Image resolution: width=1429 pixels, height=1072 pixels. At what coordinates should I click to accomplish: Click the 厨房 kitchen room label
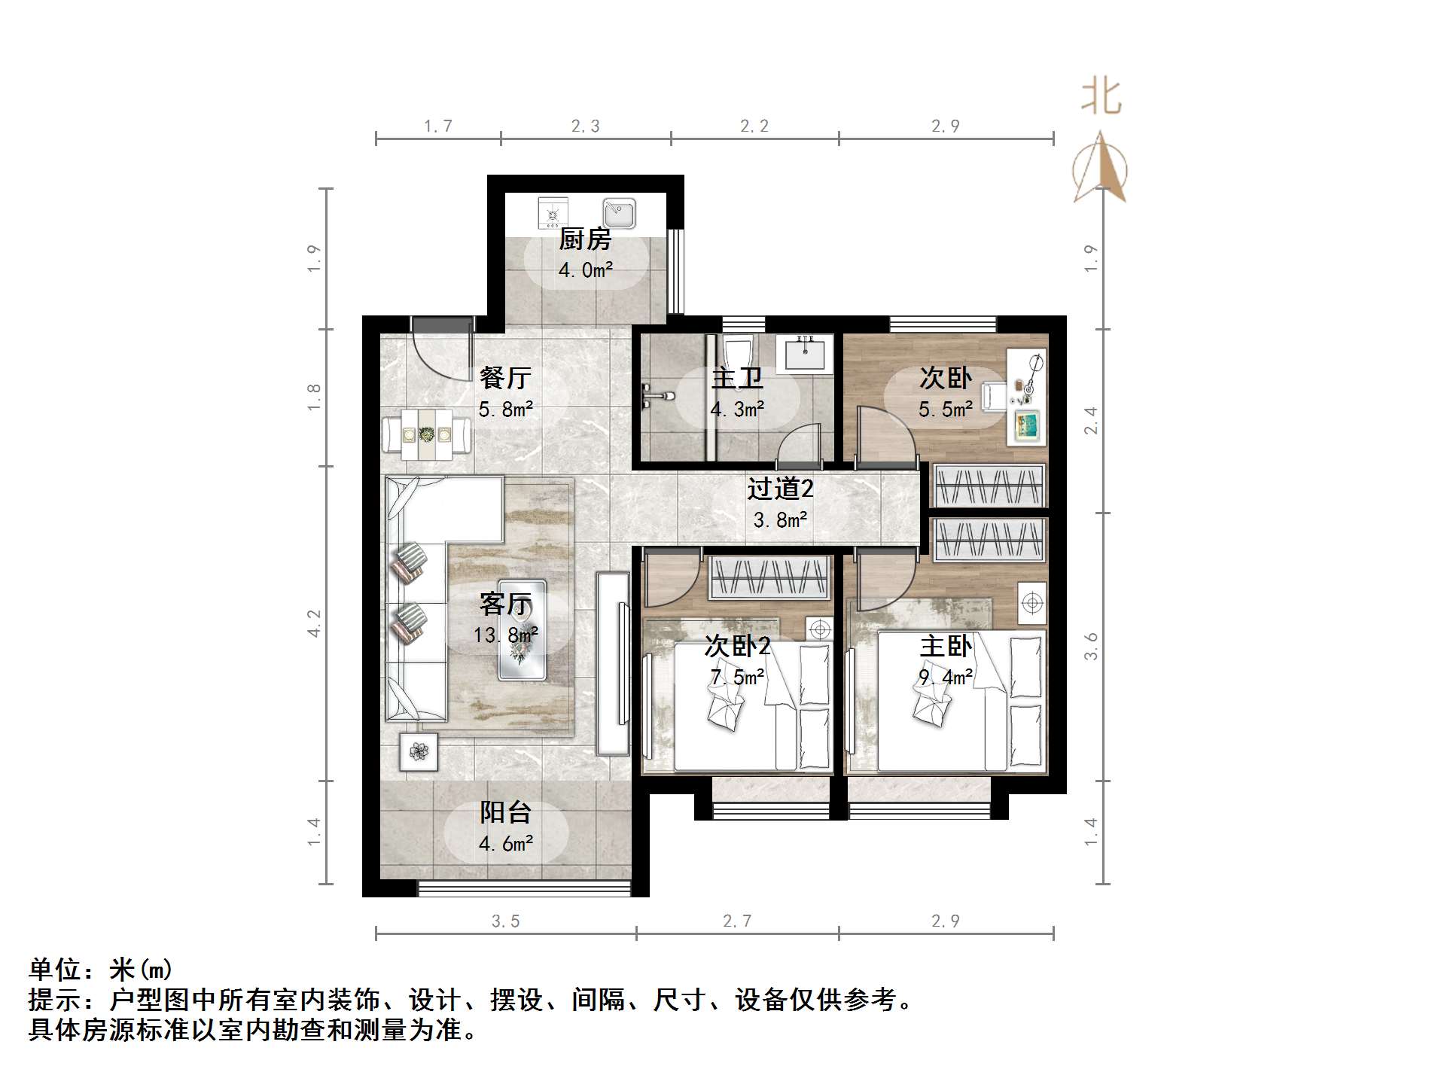[x=585, y=239]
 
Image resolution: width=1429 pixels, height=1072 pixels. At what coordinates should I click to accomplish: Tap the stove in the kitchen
[x=553, y=213]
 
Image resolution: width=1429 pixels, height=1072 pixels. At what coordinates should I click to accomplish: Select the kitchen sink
[x=619, y=213]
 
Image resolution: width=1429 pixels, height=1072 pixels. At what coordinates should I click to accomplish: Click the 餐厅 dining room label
[x=505, y=377]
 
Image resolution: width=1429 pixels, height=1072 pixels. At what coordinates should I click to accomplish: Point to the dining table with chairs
[x=426, y=434]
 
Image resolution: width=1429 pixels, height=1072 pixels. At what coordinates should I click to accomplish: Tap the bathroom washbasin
[x=805, y=354]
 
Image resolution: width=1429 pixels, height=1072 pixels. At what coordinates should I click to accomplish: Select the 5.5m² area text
[x=945, y=410]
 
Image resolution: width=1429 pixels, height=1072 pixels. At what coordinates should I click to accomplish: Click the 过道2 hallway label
[x=780, y=489]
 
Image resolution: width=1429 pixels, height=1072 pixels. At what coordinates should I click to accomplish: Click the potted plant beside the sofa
[x=419, y=751]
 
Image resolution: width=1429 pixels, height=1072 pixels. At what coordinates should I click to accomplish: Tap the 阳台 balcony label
[x=505, y=812]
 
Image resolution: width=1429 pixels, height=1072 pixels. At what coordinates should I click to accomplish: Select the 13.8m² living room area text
[x=505, y=635]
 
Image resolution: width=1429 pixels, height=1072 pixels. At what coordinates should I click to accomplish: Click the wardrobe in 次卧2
[x=769, y=577]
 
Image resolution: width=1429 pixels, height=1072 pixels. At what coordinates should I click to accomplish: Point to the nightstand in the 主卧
[x=1031, y=603]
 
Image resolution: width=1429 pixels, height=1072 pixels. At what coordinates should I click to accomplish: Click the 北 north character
[x=1101, y=98]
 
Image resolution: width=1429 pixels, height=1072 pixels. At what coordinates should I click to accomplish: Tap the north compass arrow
[x=1100, y=169]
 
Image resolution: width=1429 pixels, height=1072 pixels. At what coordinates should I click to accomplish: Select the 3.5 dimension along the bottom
[x=505, y=921]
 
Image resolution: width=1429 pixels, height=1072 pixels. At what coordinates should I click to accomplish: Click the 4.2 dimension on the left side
[x=314, y=623]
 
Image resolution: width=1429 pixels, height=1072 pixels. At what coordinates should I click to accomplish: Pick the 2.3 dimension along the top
[x=585, y=126]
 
